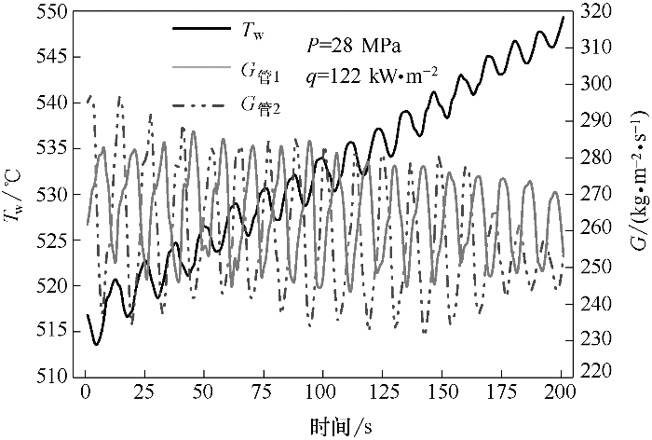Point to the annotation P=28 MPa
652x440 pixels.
354,44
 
